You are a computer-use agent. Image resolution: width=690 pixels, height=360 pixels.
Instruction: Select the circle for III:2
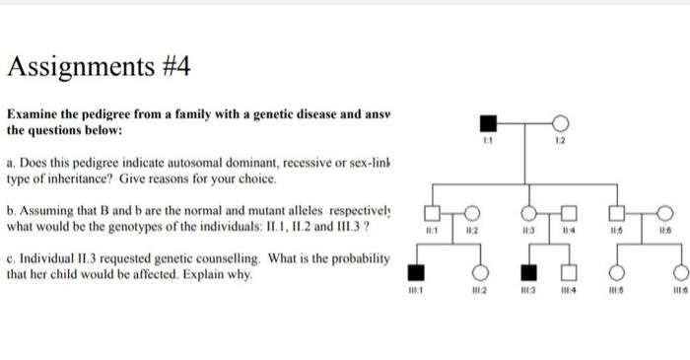pyautogui.click(x=483, y=272)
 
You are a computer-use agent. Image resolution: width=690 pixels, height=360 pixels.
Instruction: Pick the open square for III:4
pyautogui.click(x=568, y=272)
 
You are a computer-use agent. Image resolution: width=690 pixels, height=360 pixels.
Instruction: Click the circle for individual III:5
pyautogui.click(x=620, y=272)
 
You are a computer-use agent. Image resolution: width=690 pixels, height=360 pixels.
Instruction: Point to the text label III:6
pyautogui.click(x=678, y=292)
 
